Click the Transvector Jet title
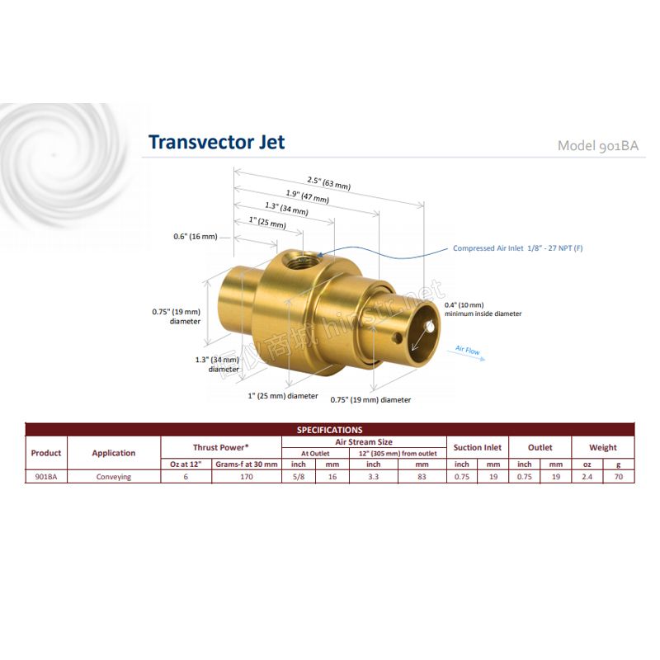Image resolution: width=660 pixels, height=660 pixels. (x=217, y=142)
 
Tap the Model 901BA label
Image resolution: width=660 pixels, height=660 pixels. (x=597, y=146)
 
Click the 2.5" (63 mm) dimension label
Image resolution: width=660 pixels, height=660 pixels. (x=328, y=183)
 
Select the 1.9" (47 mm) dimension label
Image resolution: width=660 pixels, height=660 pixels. (x=308, y=196)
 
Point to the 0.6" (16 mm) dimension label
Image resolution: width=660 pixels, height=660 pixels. (x=196, y=237)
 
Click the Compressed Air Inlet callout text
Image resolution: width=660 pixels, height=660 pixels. (x=518, y=248)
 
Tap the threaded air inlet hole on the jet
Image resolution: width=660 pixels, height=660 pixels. (x=300, y=262)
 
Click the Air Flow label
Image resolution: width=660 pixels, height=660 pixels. (x=468, y=350)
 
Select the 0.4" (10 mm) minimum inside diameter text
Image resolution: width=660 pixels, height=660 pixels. (x=483, y=309)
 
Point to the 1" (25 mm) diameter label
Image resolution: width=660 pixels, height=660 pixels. (x=283, y=396)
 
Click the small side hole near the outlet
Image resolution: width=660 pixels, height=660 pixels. (x=397, y=337)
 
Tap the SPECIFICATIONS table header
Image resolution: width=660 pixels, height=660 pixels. (x=329, y=430)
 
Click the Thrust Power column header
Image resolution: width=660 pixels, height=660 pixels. (x=221, y=447)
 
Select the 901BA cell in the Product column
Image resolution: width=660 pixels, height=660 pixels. (x=46, y=477)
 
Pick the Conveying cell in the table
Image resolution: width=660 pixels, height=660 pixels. (x=114, y=477)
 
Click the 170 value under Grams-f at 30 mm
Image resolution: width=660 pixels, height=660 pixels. (x=247, y=477)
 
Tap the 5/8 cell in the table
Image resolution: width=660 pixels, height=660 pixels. (x=299, y=477)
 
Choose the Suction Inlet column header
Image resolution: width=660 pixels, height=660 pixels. (x=478, y=447)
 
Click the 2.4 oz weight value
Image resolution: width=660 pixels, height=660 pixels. (x=587, y=477)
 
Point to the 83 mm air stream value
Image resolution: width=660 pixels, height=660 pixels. (x=422, y=477)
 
